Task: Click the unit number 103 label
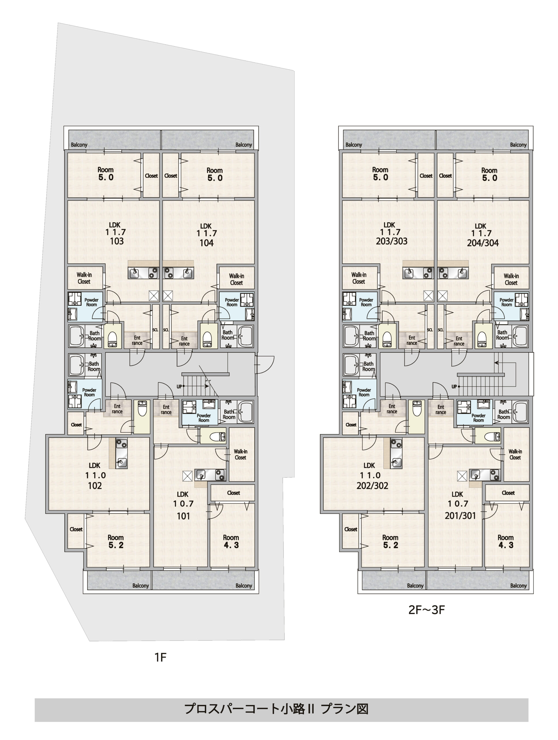tap(117, 241)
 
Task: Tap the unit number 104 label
tap(206, 243)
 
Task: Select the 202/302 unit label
tap(372, 486)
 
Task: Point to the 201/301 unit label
tap(460, 515)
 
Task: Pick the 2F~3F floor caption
tap(426, 610)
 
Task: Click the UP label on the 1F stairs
tap(179, 386)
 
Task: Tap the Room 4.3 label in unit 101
tap(231, 541)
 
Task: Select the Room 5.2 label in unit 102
tap(115, 541)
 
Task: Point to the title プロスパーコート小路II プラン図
tap(276, 709)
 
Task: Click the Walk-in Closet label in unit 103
tap(84, 278)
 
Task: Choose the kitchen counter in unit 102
tap(122, 454)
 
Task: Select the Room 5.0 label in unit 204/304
tap(489, 174)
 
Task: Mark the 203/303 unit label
tap(392, 241)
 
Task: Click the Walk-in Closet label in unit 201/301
tap(515, 454)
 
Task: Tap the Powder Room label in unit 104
tap(232, 302)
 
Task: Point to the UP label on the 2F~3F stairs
tap(454, 386)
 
